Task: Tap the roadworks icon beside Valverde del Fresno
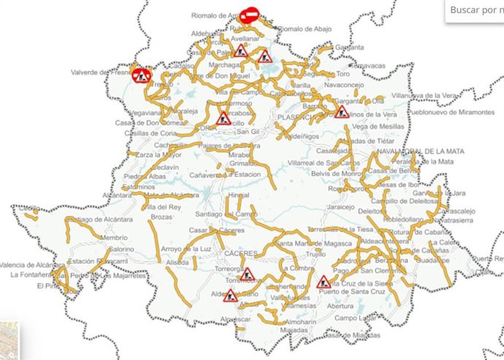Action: point(141,74)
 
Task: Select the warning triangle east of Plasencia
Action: point(341,112)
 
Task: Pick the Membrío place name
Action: point(114,238)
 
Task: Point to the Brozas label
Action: point(161,218)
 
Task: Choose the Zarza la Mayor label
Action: point(158,155)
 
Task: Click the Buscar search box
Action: point(475,10)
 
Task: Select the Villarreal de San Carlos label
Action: point(322,161)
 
